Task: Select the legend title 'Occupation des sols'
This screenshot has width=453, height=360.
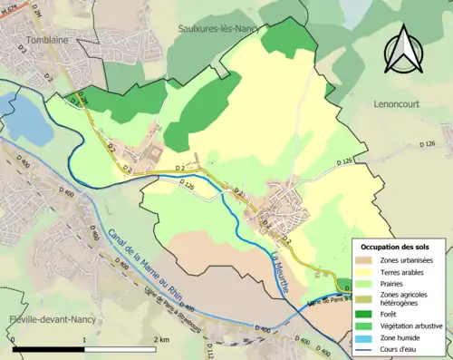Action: pos(395,246)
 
